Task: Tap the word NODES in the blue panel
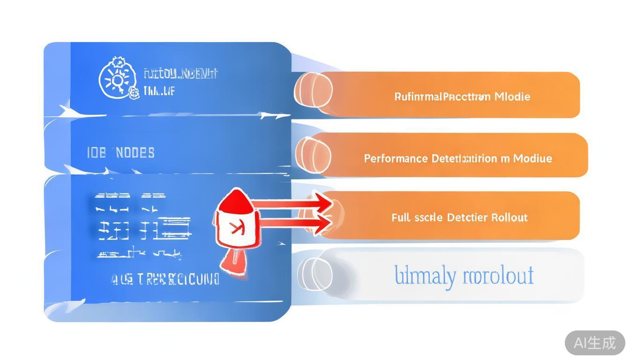coord(135,153)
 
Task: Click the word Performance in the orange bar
coord(396,158)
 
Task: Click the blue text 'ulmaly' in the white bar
coord(424,276)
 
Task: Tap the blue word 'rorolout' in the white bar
coord(498,276)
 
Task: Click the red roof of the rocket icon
coord(237,201)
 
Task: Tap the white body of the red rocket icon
coord(236,228)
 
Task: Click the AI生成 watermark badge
coord(594,343)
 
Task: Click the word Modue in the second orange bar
coord(532,158)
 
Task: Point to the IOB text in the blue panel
coord(97,153)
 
